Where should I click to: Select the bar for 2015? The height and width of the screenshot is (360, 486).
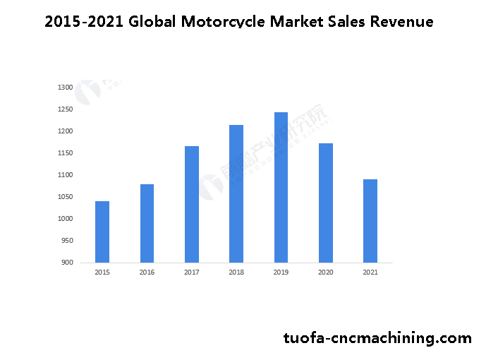click(x=102, y=232)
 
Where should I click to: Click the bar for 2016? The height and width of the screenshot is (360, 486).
click(x=147, y=223)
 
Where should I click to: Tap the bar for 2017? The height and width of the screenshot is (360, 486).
click(x=192, y=204)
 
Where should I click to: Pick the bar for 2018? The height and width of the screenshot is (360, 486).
click(x=236, y=193)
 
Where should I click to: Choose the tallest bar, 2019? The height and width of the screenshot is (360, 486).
click(x=281, y=187)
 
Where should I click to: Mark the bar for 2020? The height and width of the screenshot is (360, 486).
click(x=325, y=203)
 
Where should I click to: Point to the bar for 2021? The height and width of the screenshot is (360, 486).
click(x=370, y=221)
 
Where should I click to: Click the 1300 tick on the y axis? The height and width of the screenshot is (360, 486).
click(x=66, y=88)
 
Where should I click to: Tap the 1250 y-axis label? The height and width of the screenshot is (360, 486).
click(x=66, y=109)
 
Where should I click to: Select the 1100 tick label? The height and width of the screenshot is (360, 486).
click(x=66, y=175)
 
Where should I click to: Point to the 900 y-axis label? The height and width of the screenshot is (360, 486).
click(x=67, y=263)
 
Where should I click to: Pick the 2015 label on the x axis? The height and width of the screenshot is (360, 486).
click(x=102, y=272)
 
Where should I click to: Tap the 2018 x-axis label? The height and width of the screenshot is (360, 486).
click(x=236, y=272)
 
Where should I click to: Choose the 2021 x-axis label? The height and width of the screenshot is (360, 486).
click(x=370, y=272)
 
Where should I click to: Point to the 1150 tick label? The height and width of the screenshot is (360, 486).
click(x=66, y=153)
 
